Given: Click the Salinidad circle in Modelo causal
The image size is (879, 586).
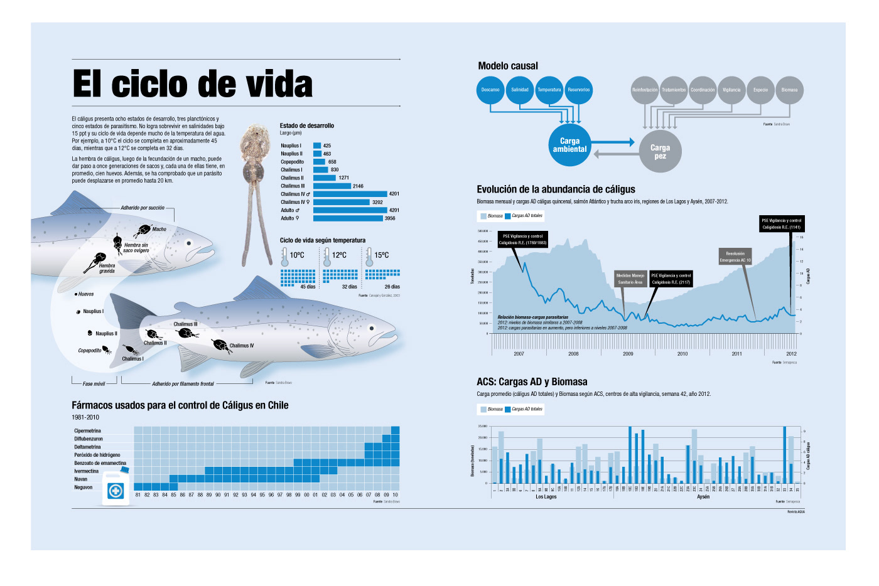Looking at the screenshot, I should (x=520, y=90).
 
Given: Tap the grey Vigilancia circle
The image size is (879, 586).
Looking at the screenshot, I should (x=731, y=90).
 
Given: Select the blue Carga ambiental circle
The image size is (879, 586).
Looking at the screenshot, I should (x=569, y=145).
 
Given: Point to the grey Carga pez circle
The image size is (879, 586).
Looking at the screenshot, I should (x=661, y=151).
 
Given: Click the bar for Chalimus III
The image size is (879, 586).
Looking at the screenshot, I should (x=332, y=186).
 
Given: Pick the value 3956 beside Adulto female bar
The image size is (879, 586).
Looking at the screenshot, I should (x=390, y=218).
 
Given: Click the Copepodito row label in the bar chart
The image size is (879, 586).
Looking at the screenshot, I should (x=292, y=162).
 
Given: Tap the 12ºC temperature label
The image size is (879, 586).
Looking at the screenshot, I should (x=339, y=255).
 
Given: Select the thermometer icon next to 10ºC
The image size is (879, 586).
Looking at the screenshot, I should (x=284, y=256).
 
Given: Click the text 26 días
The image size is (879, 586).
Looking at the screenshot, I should (x=392, y=287).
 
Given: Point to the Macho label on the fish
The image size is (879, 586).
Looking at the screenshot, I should (x=159, y=230).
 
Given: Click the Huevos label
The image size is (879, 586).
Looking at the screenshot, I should (x=86, y=294).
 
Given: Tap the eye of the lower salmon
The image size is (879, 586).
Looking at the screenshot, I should (x=372, y=328).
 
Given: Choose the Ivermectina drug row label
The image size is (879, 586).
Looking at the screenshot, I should (x=87, y=471).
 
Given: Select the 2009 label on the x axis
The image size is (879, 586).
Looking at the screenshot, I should (x=628, y=354).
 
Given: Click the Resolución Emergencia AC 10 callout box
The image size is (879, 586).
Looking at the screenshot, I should (x=735, y=257).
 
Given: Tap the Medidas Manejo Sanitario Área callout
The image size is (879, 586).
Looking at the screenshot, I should (x=630, y=279).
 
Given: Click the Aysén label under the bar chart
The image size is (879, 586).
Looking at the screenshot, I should (x=703, y=497).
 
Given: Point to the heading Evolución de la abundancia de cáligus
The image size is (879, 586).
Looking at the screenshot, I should (x=556, y=189).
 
